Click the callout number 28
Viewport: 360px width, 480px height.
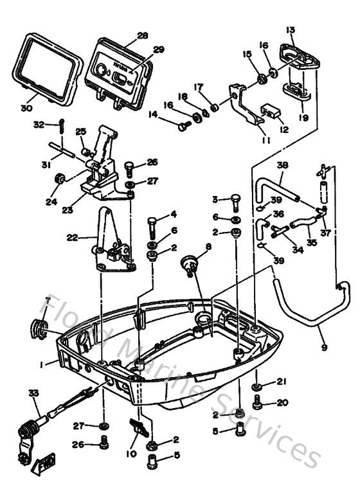pyautogui.click(x=142, y=35)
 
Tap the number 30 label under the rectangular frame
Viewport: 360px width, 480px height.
pyautogui.click(x=25, y=109)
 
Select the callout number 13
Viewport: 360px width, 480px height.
pyautogui.click(x=291, y=30)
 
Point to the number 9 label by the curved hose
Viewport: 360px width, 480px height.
pyautogui.click(x=323, y=348)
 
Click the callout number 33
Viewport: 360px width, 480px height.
pyautogui.click(x=33, y=393)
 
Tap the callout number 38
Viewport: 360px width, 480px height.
pyautogui.click(x=282, y=165)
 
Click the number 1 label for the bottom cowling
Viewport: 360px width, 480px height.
pyautogui.click(x=41, y=364)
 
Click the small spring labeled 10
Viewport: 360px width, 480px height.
pyautogui.click(x=138, y=426)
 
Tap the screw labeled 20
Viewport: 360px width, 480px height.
pyautogui.click(x=259, y=404)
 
